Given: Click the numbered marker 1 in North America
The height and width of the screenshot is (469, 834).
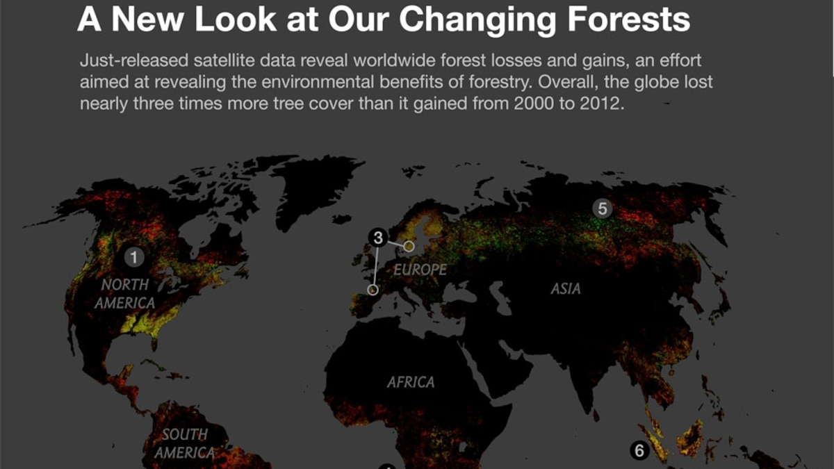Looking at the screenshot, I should (x=134, y=258).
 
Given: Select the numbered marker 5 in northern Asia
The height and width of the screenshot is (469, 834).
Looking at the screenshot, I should (x=603, y=208).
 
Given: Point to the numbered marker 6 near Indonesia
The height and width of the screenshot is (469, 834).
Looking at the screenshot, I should (x=639, y=451).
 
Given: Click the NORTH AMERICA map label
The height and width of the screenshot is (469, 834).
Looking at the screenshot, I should (x=125, y=294).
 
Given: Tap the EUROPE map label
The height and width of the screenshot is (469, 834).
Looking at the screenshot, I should (x=420, y=270).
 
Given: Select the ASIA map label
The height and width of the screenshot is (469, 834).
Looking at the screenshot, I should (x=565, y=288).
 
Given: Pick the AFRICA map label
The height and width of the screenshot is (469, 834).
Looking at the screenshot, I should (x=411, y=382).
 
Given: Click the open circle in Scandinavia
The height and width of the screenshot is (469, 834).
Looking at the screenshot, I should (x=409, y=246).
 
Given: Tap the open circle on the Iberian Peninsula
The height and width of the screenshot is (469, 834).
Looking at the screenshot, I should (x=373, y=290).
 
